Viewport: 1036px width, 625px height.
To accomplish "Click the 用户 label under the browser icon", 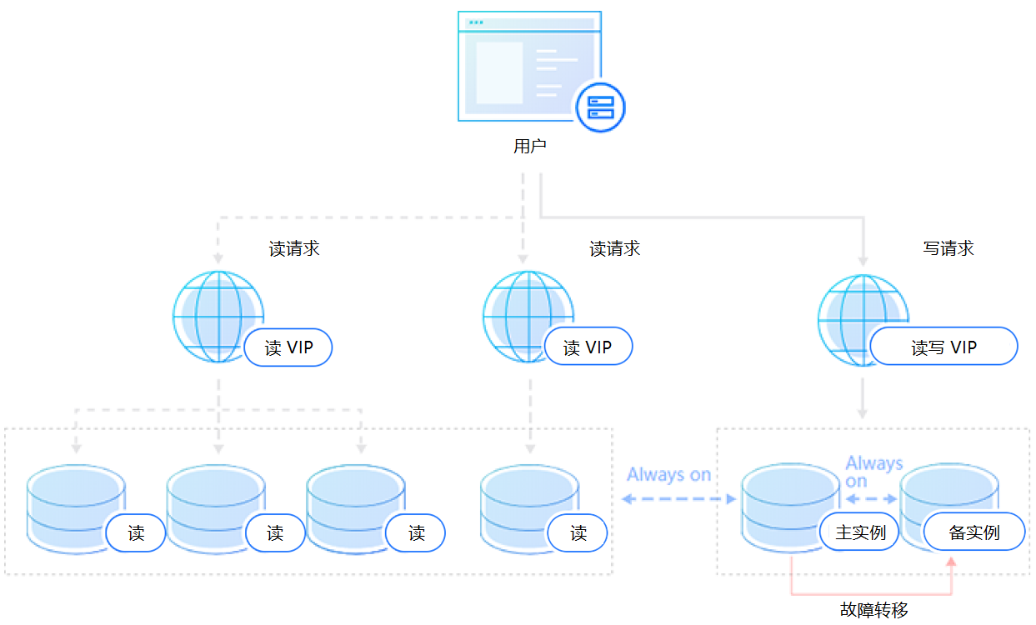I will click(x=529, y=147).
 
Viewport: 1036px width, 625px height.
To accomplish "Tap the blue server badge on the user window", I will click(x=600, y=107).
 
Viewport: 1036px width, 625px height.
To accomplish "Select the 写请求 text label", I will click(x=948, y=248).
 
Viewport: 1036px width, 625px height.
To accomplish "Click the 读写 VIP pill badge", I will click(x=943, y=347).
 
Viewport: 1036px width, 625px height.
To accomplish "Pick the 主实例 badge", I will click(x=859, y=532).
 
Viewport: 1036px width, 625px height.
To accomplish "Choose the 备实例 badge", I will click(x=973, y=532).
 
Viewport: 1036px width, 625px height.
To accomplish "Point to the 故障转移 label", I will click(x=874, y=610).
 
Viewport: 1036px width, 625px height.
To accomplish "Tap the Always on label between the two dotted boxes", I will click(x=668, y=474).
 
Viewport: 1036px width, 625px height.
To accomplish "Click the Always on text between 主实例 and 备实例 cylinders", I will click(x=873, y=471).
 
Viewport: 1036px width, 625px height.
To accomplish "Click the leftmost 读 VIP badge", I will click(x=288, y=347).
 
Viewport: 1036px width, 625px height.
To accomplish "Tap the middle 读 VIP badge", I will click(x=588, y=347).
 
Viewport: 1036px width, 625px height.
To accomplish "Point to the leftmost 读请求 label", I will click(x=294, y=248).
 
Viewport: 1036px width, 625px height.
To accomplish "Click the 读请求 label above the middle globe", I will click(x=615, y=248).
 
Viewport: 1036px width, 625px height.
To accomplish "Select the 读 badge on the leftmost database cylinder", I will click(x=136, y=533).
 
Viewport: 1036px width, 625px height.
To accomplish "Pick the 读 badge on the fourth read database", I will click(x=578, y=533).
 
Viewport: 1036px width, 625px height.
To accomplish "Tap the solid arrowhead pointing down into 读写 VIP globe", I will click(x=863, y=260).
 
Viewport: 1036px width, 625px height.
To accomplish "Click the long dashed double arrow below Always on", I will click(x=679, y=499).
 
